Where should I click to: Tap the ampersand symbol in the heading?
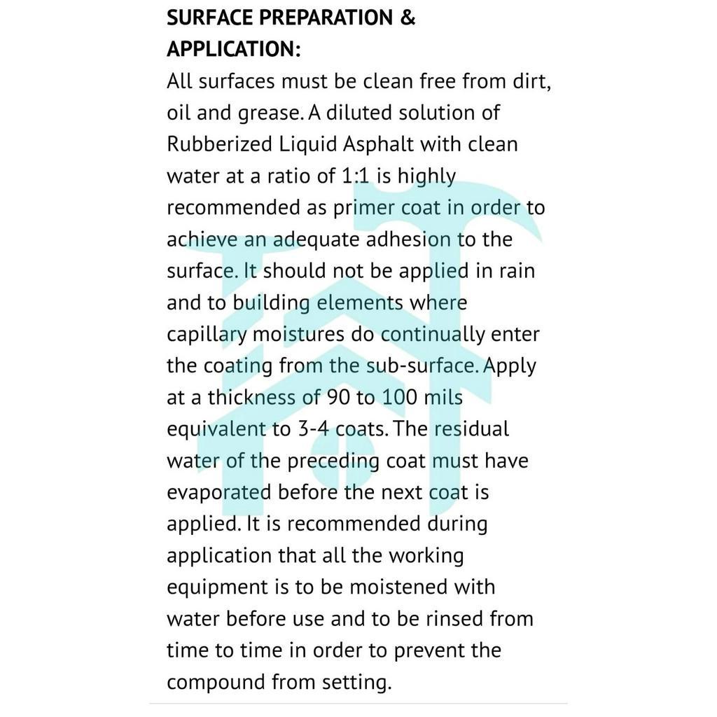408,18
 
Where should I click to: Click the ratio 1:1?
355,176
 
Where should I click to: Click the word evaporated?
219,492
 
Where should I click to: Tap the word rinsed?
452,619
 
